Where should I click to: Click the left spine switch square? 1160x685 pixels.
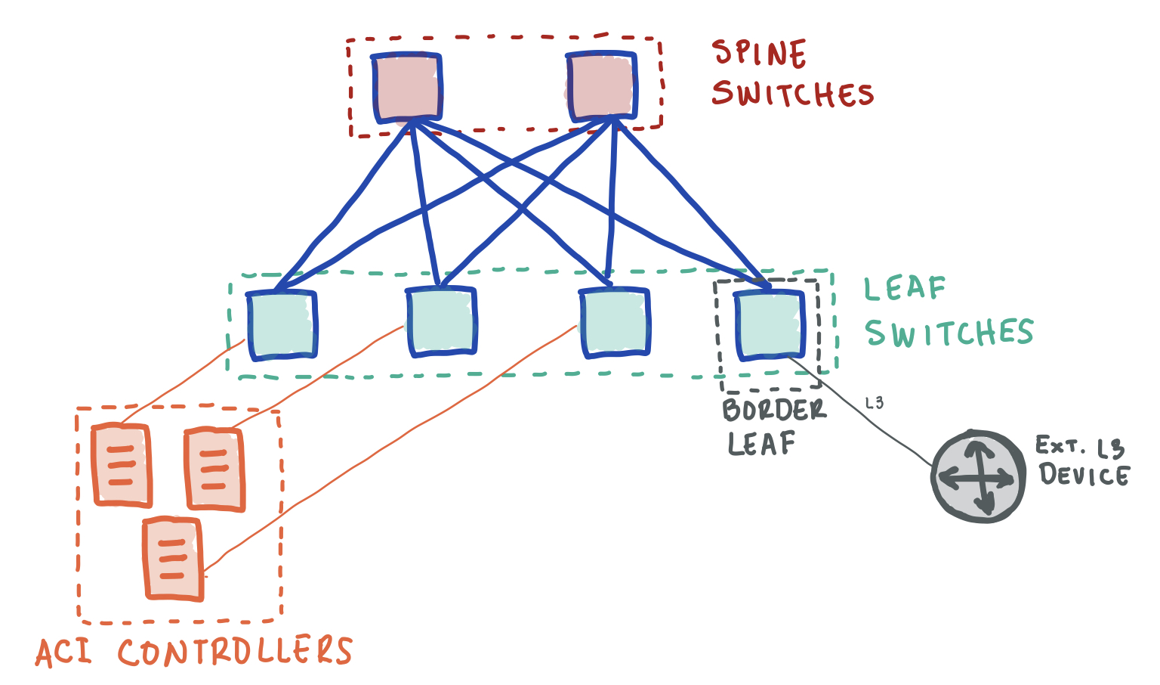click(x=406, y=87)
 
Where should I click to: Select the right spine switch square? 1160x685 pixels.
click(x=601, y=86)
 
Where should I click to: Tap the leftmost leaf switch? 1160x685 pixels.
click(x=282, y=324)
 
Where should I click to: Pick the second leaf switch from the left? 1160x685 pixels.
click(x=441, y=321)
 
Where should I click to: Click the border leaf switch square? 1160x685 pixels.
click(x=769, y=324)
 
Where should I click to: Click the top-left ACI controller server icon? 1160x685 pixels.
click(x=121, y=465)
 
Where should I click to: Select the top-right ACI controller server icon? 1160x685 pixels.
click(x=214, y=470)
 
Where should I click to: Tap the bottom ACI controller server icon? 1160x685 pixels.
click(x=174, y=559)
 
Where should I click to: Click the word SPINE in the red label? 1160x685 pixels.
click(x=759, y=54)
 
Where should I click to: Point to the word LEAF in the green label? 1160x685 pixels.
click(x=905, y=289)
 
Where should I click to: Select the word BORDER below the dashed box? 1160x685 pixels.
click(x=774, y=411)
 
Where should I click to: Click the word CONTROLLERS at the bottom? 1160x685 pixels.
click(x=235, y=652)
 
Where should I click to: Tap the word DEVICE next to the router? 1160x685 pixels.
click(x=1084, y=475)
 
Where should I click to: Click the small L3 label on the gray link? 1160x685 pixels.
click(x=875, y=403)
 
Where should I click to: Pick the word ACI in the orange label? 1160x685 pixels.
click(x=63, y=652)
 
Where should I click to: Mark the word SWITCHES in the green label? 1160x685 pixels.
click(x=949, y=333)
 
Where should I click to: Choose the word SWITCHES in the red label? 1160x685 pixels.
click(x=792, y=95)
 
